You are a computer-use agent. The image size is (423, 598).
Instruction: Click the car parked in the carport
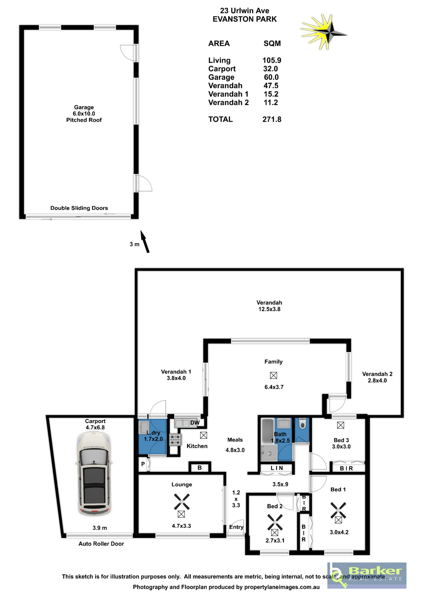tap(94, 472)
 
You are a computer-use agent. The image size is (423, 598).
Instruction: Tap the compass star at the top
tap(324, 32)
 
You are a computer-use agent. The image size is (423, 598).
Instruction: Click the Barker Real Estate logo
tap(367, 575)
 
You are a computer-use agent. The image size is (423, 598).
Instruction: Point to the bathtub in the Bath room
tap(268, 431)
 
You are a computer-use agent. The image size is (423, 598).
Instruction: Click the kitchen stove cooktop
tap(175, 439)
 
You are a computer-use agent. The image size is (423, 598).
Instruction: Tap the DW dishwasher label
tap(195, 423)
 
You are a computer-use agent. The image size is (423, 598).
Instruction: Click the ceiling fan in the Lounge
tap(182, 502)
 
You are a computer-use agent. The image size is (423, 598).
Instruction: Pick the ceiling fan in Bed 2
tap(275, 522)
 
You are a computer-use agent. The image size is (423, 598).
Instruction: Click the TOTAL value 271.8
tap(272, 119)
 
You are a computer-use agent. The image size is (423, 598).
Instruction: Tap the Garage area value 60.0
tap(271, 77)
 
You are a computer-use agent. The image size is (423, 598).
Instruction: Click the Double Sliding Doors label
tap(79, 208)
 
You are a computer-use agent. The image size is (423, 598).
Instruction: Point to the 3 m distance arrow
tap(145, 241)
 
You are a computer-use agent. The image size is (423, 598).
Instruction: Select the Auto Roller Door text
tap(101, 543)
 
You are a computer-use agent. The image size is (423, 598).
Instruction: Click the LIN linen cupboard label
tap(277, 468)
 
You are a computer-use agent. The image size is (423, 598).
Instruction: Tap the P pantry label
tap(143, 464)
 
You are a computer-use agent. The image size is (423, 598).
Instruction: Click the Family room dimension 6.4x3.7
tap(274, 387)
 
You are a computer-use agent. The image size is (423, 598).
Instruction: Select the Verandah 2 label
tap(377, 374)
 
